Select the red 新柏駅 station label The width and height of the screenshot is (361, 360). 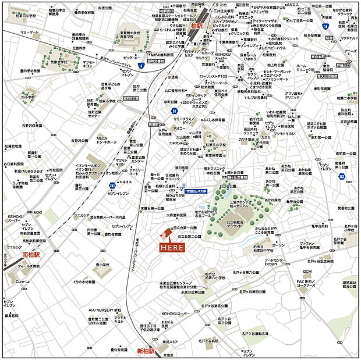pos(146,351)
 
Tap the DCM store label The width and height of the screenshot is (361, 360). pos(307,272)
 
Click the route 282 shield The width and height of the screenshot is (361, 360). pos(342,177)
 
